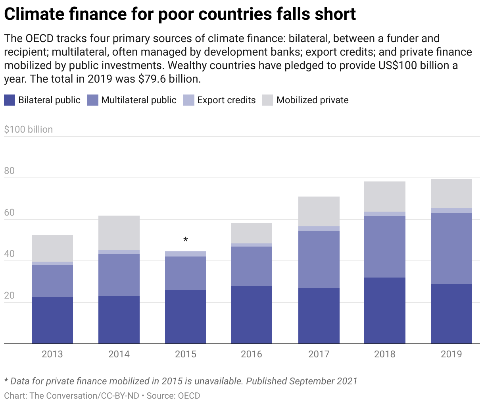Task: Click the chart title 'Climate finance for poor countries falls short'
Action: [180, 15]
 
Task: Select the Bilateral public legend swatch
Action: [10, 100]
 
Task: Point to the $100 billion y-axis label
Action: [28, 129]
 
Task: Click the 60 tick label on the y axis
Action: [9, 213]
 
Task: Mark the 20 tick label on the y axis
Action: [9, 296]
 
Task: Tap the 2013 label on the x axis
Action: [52, 354]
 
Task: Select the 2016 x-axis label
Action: [252, 354]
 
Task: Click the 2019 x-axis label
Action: [451, 354]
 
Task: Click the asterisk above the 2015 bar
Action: [186, 240]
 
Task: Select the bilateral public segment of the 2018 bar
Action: [385, 310]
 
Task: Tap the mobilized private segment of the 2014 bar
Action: [119, 233]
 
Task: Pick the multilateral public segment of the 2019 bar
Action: [451, 249]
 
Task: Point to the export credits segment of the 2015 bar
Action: [186, 254]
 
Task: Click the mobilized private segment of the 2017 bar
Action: [319, 211]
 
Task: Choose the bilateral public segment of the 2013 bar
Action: [52, 320]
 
